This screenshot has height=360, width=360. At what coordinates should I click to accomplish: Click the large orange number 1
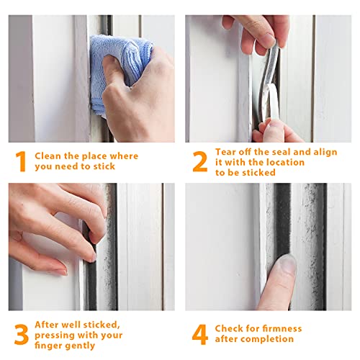pos(21,161)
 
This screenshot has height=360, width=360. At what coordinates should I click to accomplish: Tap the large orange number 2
pos(200,161)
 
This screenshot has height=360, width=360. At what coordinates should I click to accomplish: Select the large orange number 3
pos(22,334)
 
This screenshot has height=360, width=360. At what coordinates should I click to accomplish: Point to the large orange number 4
pos(200,334)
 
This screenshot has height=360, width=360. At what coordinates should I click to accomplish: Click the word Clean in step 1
pos(48,156)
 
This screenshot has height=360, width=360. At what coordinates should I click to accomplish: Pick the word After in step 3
pos(46,325)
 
